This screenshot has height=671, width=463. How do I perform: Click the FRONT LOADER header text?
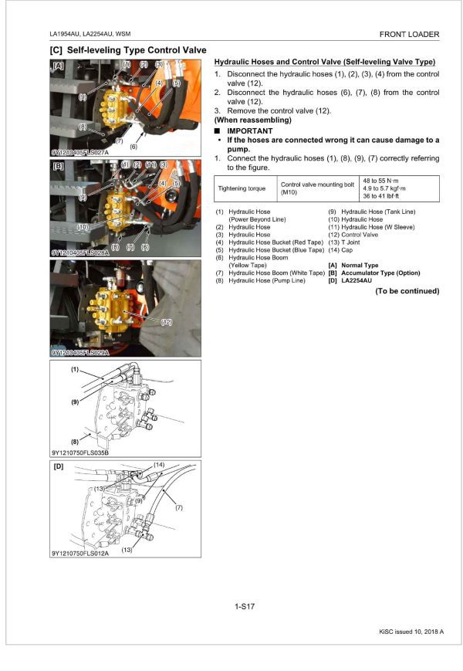(409, 34)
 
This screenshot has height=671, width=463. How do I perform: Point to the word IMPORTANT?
(249, 130)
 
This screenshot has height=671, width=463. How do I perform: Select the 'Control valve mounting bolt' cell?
(317, 185)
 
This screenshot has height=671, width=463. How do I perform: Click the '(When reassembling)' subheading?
(252, 120)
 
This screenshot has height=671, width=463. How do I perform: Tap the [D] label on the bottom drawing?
(59, 467)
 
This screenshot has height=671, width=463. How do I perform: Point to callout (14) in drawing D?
(158, 465)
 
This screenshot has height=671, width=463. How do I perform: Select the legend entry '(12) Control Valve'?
(353, 235)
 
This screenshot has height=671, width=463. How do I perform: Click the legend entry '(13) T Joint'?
(345, 242)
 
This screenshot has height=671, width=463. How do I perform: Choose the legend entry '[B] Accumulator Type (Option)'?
(374, 273)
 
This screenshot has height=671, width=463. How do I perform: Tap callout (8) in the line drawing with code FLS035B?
(75, 439)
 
